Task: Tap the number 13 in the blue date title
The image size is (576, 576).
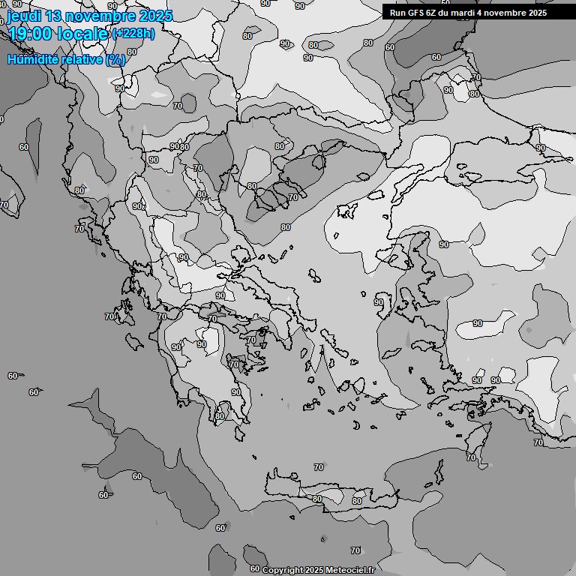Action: (x=63, y=16)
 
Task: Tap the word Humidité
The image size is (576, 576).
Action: (x=34, y=59)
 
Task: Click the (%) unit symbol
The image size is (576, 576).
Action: (x=115, y=59)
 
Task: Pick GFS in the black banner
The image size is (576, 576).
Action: (x=417, y=13)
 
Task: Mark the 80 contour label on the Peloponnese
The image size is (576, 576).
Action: (x=220, y=416)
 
